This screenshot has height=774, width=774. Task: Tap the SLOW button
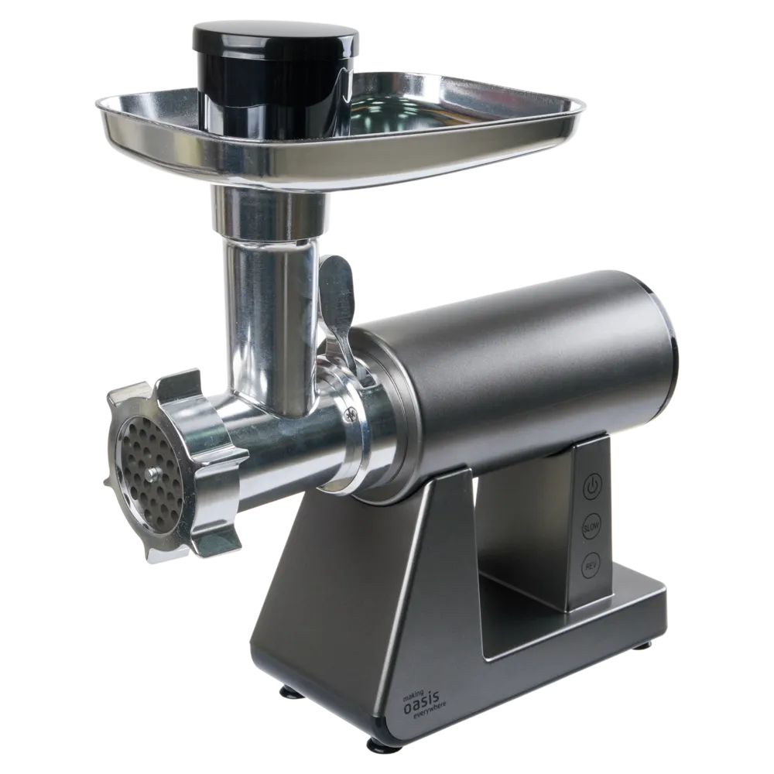pos(591,528)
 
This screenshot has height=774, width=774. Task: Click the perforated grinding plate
pos(148,471)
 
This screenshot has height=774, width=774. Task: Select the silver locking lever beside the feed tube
pos(337,306)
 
